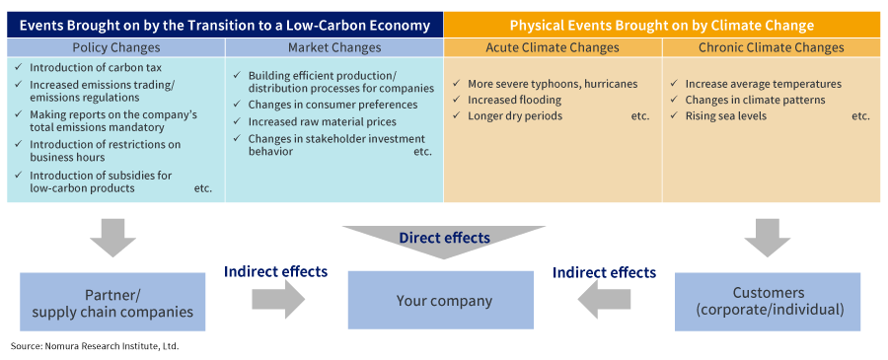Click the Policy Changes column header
pyautogui.click(x=116, y=47)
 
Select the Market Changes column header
pyautogui.click(x=334, y=47)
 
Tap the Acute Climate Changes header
pyautogui.click(x=553, y=47)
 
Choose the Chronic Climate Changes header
pyautogui.click(x=772, y=47)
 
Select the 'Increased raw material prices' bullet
pyautogui.click(x=315, y=121)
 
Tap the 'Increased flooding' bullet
pyautogui.click(x=507, y=101)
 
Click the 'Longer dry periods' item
pyautogui.click(x=507, y=116)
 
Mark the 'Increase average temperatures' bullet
pyautogui.click(x=756, y=84)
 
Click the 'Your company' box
pyautogui.click(x=441, y=300)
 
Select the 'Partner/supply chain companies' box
pyautogui.click(x=112, y=302)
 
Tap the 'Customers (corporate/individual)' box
pyautogui.click(x=768, y=302)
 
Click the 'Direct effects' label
pyautogui.click(x=444, y=238)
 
